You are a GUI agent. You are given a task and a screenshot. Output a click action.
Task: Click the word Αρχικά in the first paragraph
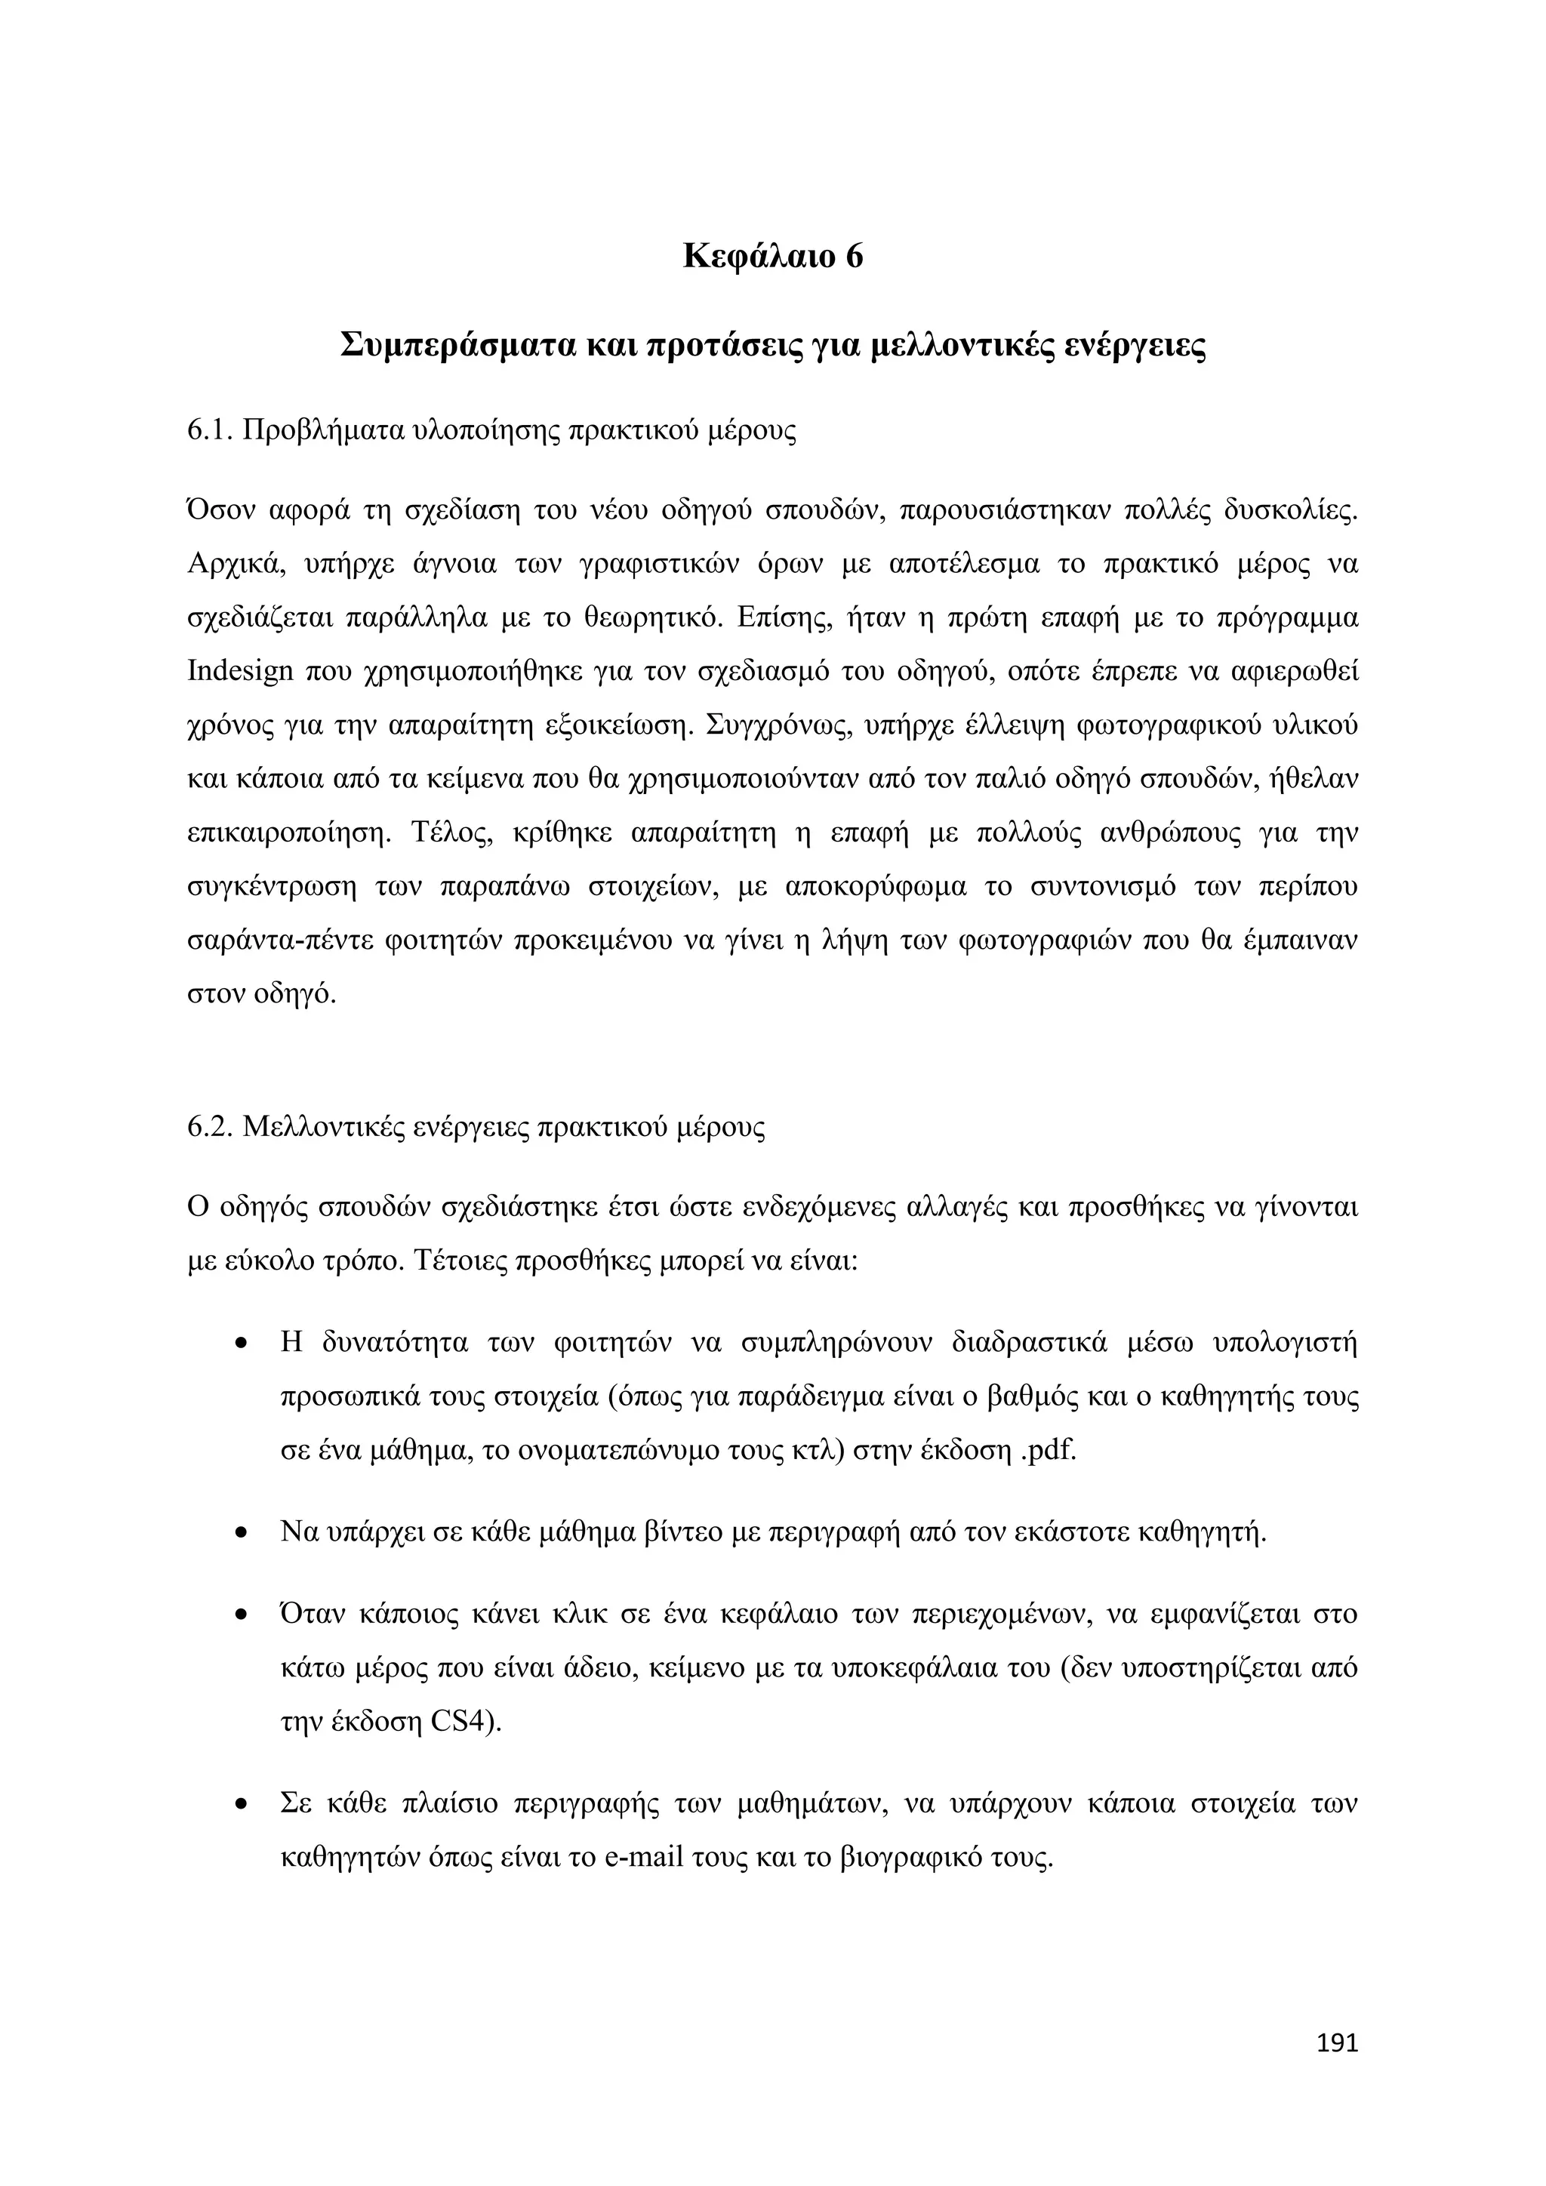(x=233, y=565)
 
